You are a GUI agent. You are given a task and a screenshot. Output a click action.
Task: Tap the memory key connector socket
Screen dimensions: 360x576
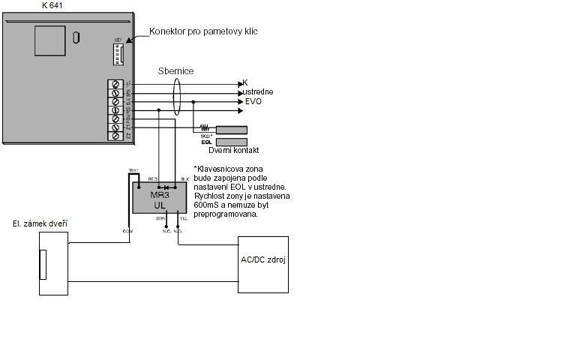point(118,54)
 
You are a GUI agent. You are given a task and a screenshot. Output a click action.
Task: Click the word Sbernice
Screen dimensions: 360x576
point(176,71)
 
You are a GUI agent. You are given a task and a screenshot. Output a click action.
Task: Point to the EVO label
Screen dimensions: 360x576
point(253,101)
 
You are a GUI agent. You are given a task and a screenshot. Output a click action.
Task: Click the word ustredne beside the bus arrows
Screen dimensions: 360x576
point(257,92)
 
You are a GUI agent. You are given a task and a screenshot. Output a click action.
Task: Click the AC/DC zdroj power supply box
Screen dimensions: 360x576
point(262,265)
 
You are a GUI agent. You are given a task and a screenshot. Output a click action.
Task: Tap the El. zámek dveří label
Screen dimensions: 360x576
point(38,223)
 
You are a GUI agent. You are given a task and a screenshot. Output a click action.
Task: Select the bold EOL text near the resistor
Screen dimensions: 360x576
point(206,142)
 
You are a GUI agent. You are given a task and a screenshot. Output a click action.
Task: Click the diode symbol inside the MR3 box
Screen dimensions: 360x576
point(166,185)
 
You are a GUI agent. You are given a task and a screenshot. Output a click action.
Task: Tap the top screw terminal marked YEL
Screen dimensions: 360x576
point(115,84)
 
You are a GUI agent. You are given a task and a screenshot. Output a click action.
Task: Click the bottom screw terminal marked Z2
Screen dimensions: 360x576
point(115,136)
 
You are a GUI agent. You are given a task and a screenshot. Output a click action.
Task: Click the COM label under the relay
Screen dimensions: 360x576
point(127,231)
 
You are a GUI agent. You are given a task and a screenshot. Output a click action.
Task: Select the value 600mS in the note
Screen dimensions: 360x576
point(208,205)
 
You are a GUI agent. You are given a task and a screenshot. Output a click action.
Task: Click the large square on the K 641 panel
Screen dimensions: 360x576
point(49,41)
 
